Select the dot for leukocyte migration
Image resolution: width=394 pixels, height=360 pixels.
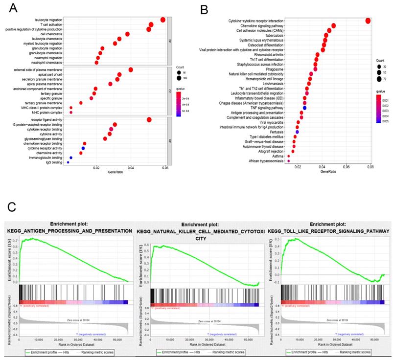pos(163,20)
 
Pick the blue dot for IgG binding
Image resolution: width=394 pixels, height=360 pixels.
pos(68,162)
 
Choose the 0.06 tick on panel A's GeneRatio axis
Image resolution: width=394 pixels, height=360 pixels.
pos(165,167)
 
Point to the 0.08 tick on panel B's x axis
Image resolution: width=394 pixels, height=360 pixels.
pos(370,167)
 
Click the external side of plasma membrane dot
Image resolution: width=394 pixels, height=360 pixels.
pos(131,70)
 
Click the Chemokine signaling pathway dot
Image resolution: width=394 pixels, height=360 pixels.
pos(334,25)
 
